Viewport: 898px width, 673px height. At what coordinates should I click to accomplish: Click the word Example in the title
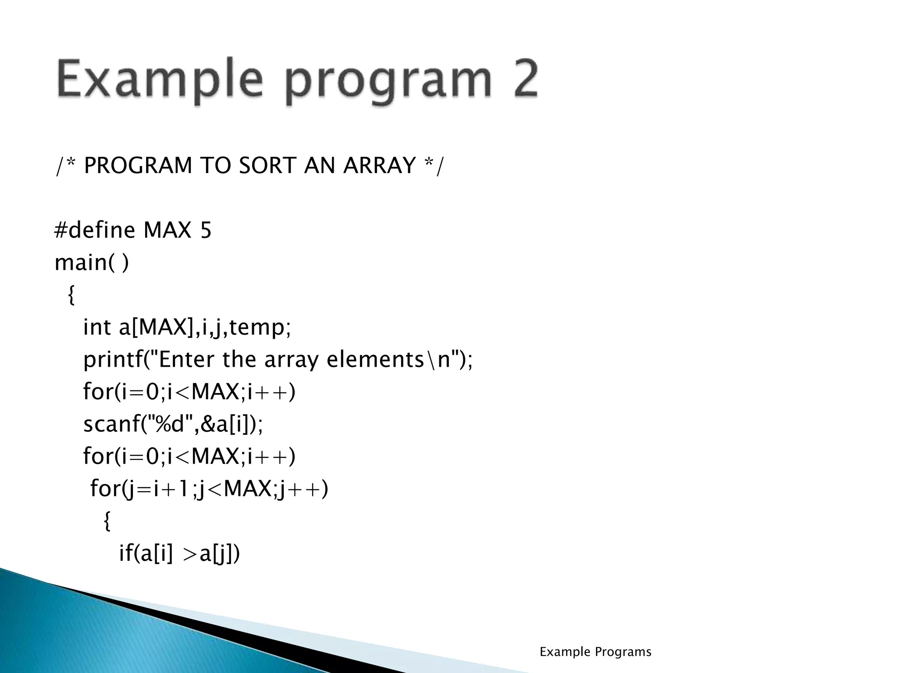click(160, 80)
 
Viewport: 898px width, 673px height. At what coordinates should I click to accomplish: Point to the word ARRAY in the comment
click(379, 166)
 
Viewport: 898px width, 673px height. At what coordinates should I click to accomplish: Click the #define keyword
click(95, 230)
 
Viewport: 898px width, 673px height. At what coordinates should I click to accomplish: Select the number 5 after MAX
click(206, 230)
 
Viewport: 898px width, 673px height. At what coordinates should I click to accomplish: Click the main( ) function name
click(91, 263)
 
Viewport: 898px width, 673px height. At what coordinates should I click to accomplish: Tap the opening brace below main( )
click(71, 295)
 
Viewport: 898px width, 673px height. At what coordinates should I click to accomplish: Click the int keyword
click(97, 327)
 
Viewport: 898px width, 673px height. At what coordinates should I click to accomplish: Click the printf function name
click(111, 360)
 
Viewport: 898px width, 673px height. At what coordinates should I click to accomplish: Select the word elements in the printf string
click(375, 360)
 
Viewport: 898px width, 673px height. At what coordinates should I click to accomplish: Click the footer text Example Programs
click(595, 652)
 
